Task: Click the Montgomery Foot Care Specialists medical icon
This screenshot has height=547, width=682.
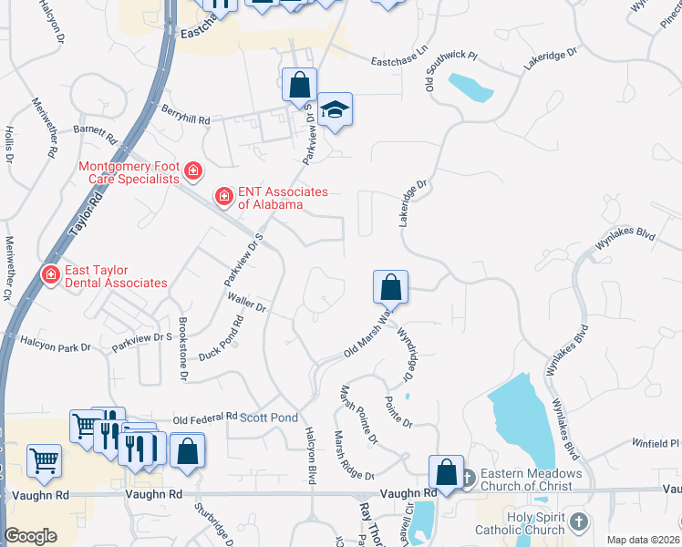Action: click(192, 170)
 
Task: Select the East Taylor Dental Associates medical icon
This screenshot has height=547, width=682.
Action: click(50, 273)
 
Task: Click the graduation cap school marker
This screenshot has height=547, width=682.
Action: click(335, 110)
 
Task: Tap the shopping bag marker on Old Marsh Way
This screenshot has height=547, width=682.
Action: click(390, 287)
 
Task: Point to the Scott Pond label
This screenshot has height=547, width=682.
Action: click(270, 418)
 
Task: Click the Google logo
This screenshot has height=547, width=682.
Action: click(30, 536)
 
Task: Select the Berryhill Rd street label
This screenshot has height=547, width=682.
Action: click(186, 119)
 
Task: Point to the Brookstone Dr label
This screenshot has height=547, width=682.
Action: click(182, 348)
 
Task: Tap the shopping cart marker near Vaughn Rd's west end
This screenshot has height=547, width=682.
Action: click(44, 462)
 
